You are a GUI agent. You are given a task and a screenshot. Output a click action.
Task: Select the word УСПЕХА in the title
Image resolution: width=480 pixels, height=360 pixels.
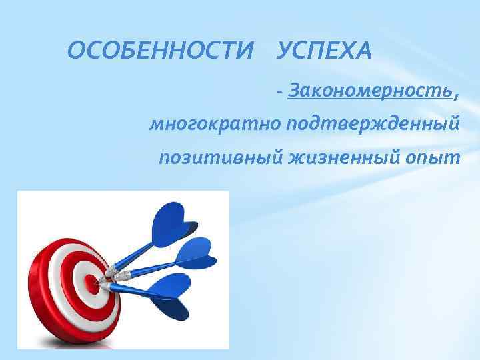[x=323, y=51]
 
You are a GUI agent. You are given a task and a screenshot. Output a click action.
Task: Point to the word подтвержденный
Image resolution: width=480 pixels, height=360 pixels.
[x=373, y=124]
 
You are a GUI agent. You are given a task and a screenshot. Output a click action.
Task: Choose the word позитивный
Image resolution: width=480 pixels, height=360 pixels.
[x=222, y=158]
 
